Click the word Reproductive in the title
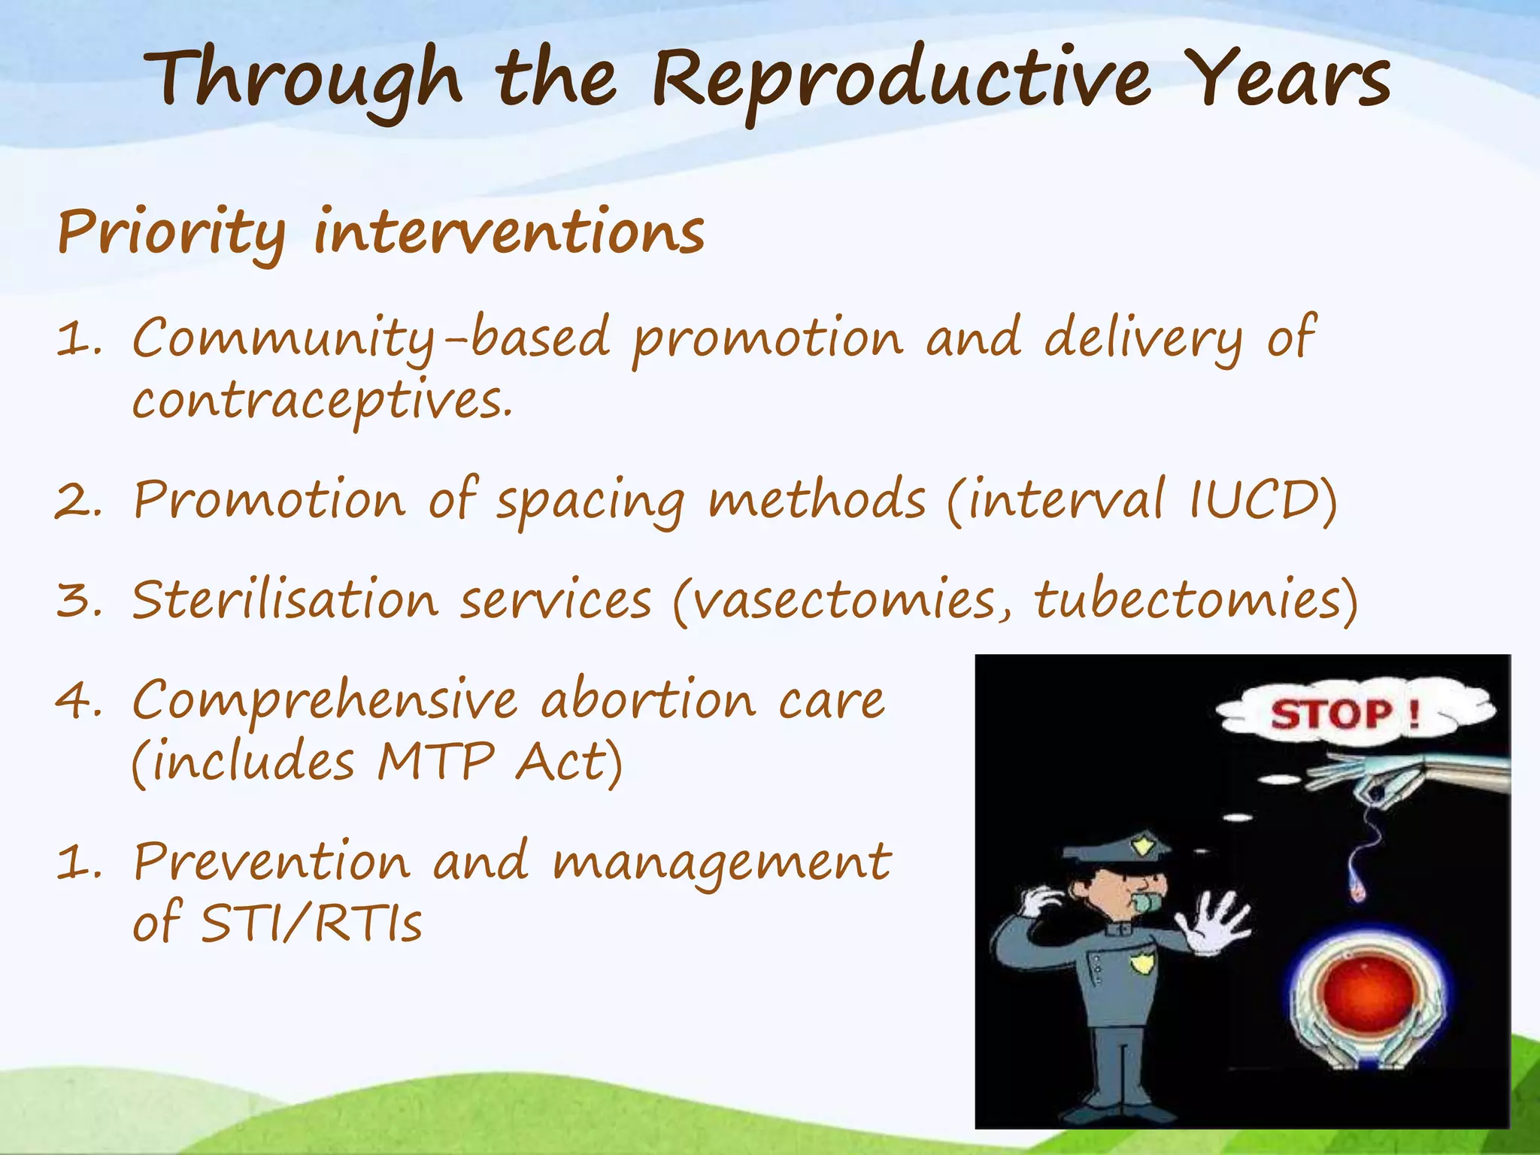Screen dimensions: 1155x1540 pos(900,81)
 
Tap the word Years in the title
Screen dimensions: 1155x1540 pos(1290,79)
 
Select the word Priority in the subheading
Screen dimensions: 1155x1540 pos(171,233)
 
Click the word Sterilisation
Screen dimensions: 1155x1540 pos(284,601)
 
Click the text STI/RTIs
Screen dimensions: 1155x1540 pos(311,923)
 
